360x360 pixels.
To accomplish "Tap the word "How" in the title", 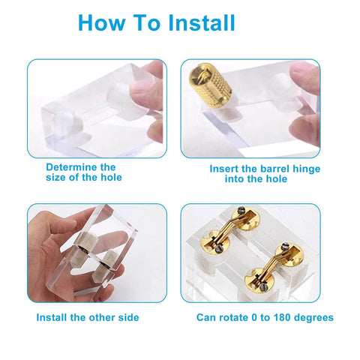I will click(100, 22).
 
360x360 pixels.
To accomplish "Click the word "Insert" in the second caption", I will click(226, 169).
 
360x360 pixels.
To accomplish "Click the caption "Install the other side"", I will click(88, 317).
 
